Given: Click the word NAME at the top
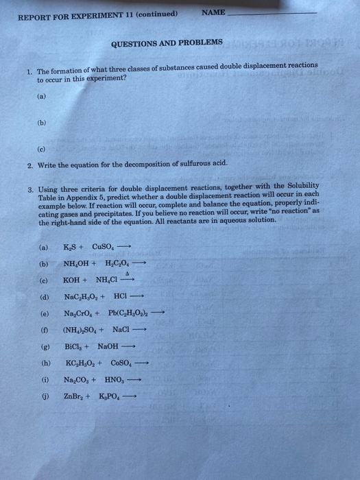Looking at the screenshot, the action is click(214, 12).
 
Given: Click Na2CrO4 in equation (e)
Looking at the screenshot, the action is click(80, 313).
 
